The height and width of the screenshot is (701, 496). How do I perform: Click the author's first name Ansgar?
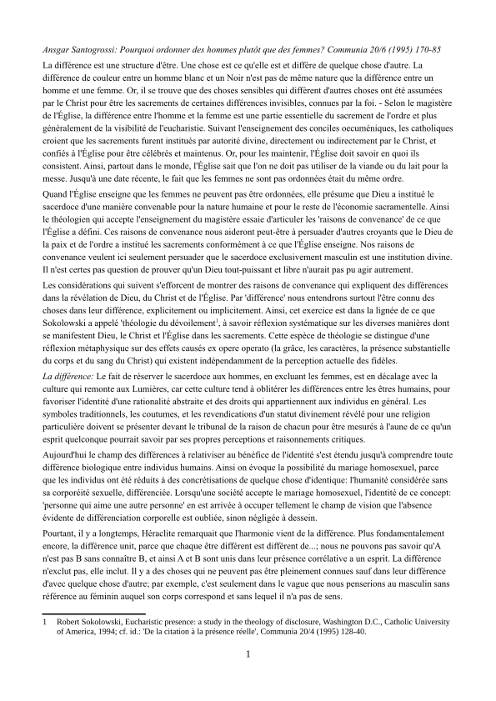(x=58, y=50)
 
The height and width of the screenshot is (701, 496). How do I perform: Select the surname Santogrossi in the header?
(x=105, y=50)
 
